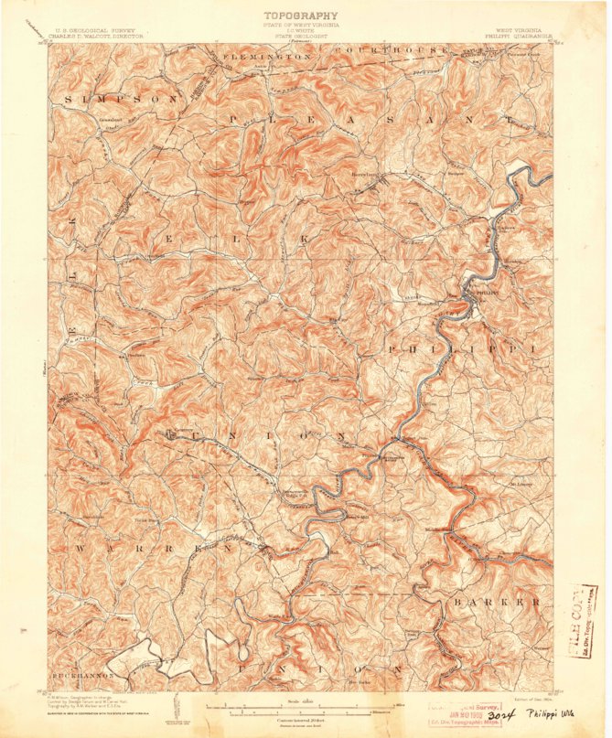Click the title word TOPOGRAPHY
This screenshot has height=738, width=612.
301,16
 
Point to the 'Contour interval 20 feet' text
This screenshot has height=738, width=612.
300,720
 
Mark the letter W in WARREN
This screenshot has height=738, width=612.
81,548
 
